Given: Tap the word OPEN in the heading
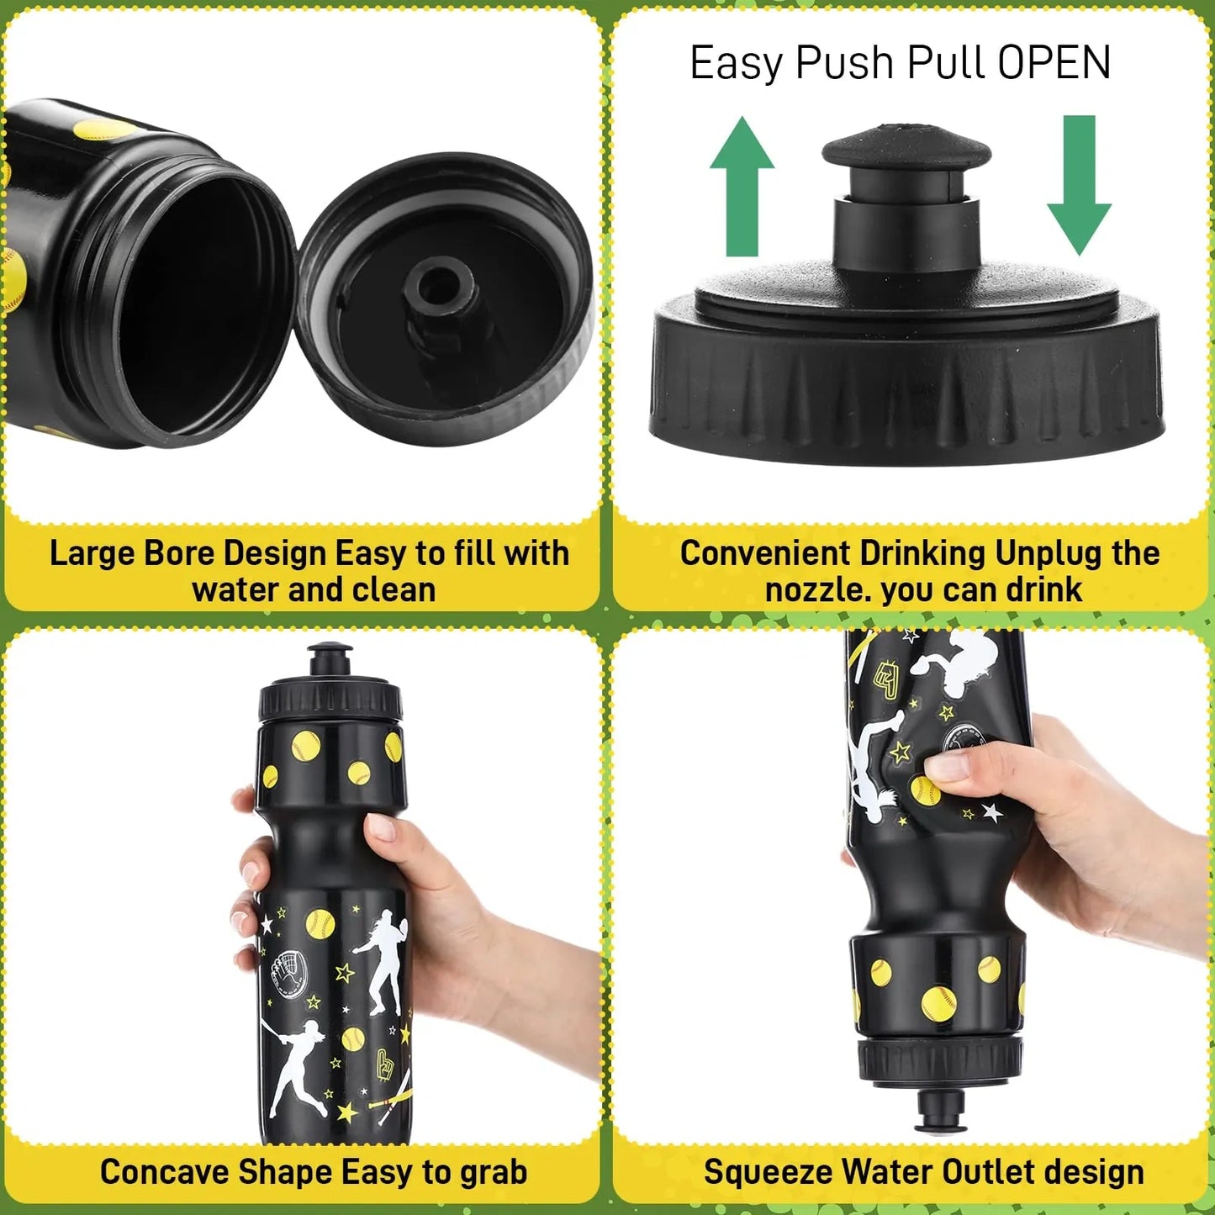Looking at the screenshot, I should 1054,63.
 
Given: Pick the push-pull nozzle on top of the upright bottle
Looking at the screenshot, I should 329,659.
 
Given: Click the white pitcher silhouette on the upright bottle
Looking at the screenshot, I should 383,959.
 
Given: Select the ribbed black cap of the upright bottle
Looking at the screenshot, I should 330,700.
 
